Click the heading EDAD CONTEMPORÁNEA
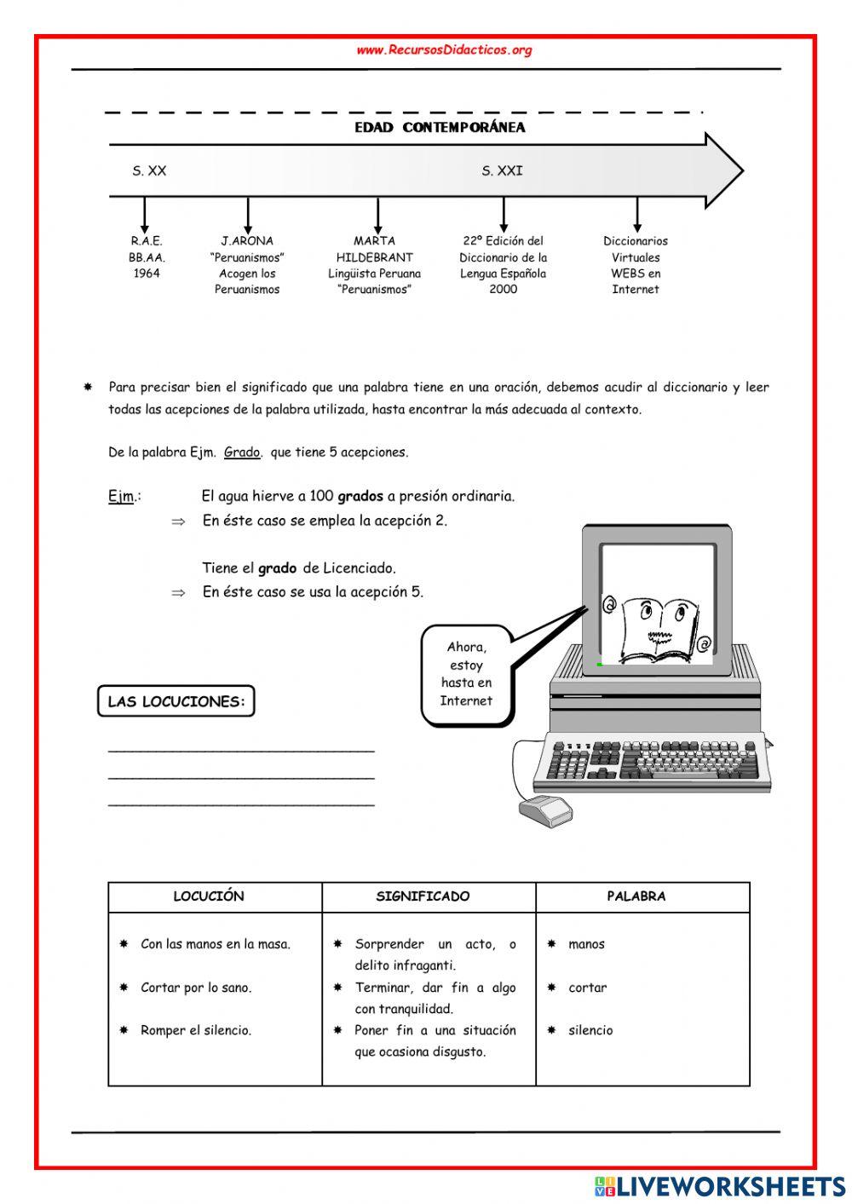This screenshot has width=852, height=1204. pyautogui.click(x=440, y=128)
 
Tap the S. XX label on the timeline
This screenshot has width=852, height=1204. pyautogui.click(x=149, y=171)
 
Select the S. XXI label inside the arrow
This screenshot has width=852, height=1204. pyautogui.click(x=502, y=171)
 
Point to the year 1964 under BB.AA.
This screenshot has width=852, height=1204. pyautogui.click(x=147, y=274)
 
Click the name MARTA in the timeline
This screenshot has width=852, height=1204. pyautogui.click(x=374, y=241)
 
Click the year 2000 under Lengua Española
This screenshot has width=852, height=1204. pyautogui.click(x=503, y=290)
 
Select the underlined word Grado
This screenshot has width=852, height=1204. pyautogui.click(x=242, y=452)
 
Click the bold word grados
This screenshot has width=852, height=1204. pyautogui.click(x=360, y=496)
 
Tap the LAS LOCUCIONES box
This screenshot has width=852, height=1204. pyautogui.click(x=176, y=702)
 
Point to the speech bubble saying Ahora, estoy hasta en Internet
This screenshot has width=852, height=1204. pyautogui.click(x=466, y=674)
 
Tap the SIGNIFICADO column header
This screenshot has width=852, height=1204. pyautogui.click(x=423, y=896)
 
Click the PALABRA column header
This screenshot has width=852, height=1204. pyautogui.click(x=636, y=896)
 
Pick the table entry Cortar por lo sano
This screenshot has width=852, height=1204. pyautogui.click(x=196, y=988)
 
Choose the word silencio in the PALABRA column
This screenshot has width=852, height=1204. pyautogui.click(x=590, y=1031)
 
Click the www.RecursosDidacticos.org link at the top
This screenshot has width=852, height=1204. pyautogui.click(x=444, y=50)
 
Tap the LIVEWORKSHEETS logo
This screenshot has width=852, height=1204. pyautogui.click(x=720, y=1185)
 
